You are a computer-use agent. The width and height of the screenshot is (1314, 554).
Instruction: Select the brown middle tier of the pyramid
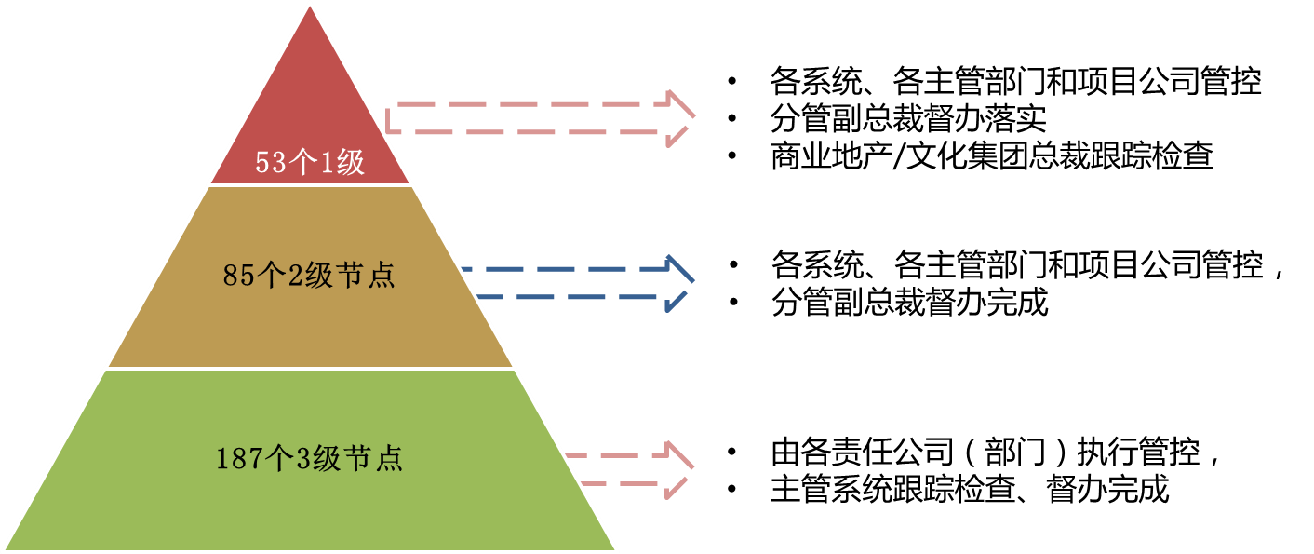point(310,317)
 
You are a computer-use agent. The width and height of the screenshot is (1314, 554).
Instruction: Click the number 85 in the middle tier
point(236,277)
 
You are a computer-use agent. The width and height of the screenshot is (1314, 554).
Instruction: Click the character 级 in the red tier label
point(351,164)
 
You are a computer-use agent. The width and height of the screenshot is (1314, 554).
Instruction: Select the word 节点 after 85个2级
point(366,277)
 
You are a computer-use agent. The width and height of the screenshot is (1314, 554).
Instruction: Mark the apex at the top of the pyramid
point(310,4)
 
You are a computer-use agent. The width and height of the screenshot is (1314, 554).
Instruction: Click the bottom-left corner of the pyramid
point(5,549)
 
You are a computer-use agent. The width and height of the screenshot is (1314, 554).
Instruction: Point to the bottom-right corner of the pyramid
point(616,549)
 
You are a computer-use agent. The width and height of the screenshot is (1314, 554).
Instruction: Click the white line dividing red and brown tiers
point(310,185)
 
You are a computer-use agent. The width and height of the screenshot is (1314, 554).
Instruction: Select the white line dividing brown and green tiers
point(310,369)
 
